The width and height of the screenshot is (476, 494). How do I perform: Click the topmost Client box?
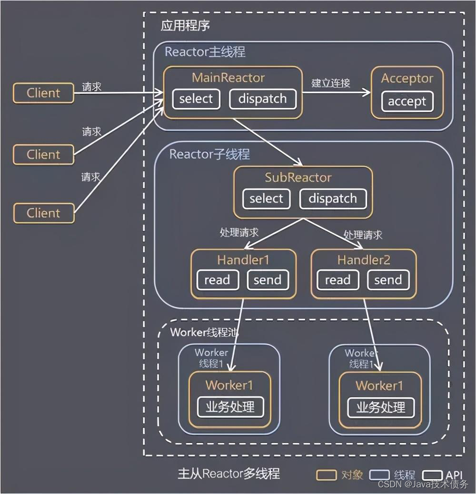(x=43, y=93)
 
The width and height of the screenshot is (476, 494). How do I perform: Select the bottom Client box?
(x=43, y=213)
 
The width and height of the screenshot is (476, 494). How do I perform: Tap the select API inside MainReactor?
(x=196, y=99)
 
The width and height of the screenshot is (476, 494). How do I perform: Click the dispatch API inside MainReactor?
(x=262, y=99)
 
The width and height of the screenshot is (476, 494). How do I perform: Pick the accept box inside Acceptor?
(x=407, y=101)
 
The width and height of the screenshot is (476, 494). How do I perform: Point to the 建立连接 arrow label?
(x=331, y=83)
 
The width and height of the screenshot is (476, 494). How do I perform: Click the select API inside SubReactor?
(x=266, y=198)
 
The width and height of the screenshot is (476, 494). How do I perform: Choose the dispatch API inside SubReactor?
(x=333, y=198)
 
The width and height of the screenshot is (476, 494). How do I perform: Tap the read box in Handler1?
(x=217, y=280)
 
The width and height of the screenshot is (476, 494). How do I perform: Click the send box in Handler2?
(x=388, y=280)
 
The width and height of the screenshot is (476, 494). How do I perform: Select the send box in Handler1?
(x=267, y=280)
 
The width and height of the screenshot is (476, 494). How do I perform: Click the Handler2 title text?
(x=364, y=260)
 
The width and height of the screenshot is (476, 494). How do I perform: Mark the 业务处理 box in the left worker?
(x=230, y=407)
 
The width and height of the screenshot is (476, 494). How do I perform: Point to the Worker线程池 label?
(x=204, y=332)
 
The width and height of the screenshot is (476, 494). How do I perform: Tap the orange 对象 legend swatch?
(x=326, y=474)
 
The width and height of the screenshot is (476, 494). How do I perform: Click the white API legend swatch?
(x=433, y=474)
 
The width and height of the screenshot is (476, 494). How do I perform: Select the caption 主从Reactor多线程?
(x=229, y=474)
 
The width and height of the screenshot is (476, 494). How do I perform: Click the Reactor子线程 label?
(x=209, y=154)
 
